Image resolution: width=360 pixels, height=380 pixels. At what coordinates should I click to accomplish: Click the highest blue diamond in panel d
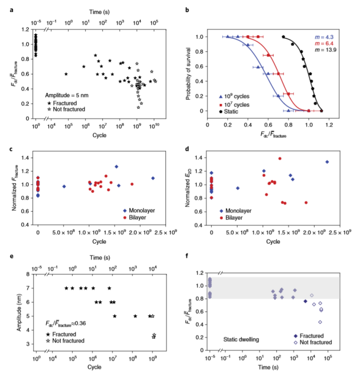[327, 162]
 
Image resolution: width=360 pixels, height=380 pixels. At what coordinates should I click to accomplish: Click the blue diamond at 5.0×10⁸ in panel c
[64, 186]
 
